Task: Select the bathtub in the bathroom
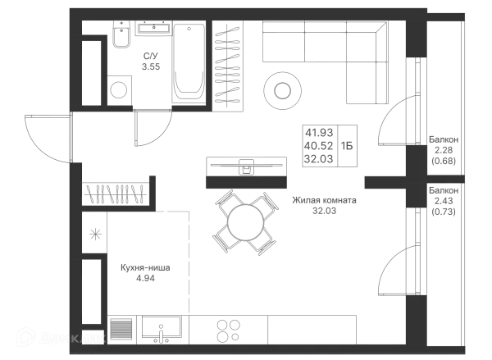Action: (x=189, y=62)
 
